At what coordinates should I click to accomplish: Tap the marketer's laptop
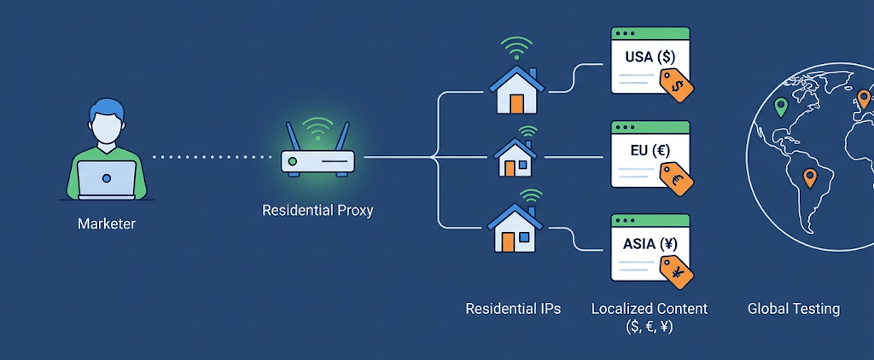(x=107, y=179)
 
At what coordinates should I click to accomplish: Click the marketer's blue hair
(x=107, y=109)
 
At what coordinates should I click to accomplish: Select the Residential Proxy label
(x=318, y=212)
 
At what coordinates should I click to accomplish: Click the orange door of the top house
(x=516, y=104)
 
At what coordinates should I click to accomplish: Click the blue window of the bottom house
(x=524, y=237)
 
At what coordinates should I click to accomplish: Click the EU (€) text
(x=650, y=150)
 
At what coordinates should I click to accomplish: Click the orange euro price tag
(x=677, y=179)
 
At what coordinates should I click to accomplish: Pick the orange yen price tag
(x=677, y=272)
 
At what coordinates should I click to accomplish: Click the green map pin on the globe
(x=781, y=107)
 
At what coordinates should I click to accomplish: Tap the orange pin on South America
(x=809, y=178)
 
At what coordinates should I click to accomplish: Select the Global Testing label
(x=794, y=308)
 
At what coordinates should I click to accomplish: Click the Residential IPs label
(x=513, y=308)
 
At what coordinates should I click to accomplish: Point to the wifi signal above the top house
(x=516, y=48)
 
